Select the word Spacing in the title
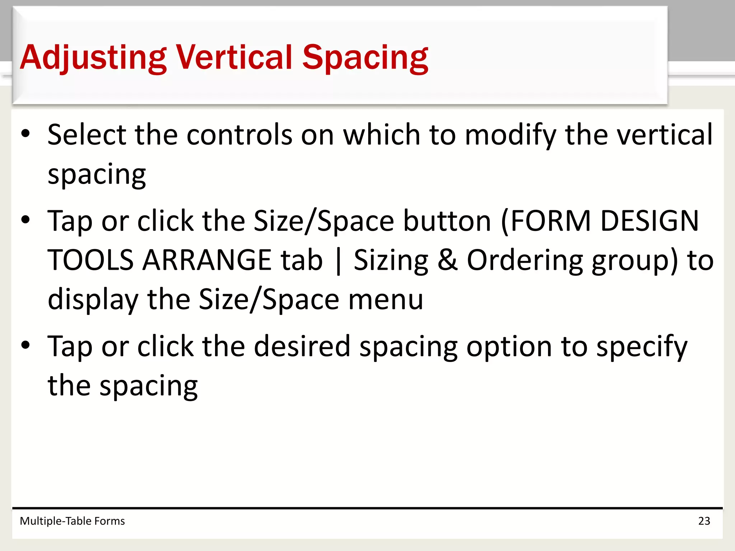pyautogui.click(x=365, y=57)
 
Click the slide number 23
pyautogui.click(x=704, y=521)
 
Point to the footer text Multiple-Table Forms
pyautogui.click(x=72, y=521)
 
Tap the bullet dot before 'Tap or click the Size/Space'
pyautogui.click(x=25, y=220)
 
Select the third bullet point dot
pyautogui.click(x=25, y=345)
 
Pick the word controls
pyautogui.click(x=239, y=135)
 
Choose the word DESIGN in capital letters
pyautogui.click(x=650, y=221)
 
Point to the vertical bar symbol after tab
pyautogui.click(x=338, y=261)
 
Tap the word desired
pyautogui.click(x=302, y=346)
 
